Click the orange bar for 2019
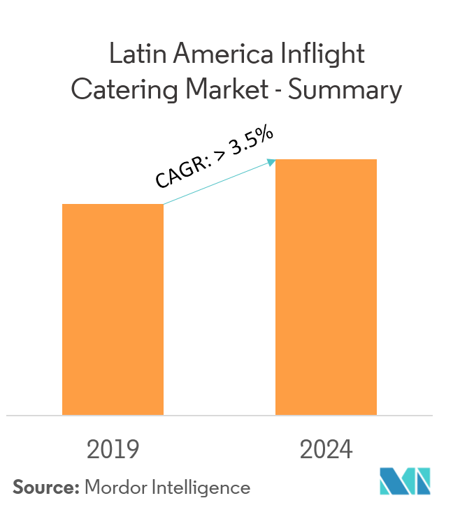113,309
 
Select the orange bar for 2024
326,287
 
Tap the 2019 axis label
113,450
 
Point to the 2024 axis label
326,450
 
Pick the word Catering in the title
120,91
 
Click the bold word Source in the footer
43,487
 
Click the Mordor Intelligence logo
405,481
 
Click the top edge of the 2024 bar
326,160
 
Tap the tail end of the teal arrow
165,204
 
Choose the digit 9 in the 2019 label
132,450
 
